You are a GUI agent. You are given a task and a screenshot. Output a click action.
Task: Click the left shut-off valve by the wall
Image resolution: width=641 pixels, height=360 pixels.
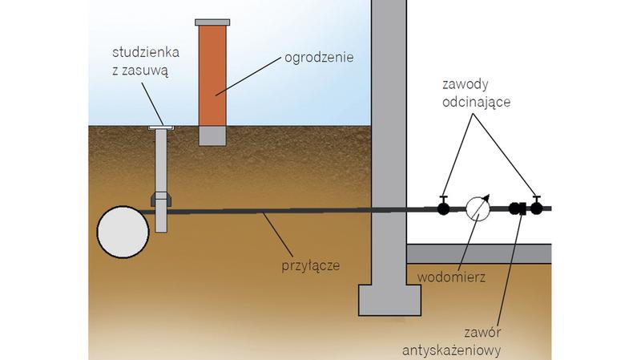tap(443, 209)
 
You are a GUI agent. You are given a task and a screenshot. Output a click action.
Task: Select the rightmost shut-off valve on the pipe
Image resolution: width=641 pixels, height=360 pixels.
tap(536, 209)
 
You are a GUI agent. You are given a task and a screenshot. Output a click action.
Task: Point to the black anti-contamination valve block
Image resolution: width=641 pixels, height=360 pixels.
tap(518, 210)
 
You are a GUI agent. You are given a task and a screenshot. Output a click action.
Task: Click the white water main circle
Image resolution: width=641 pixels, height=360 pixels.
tap(123, 230)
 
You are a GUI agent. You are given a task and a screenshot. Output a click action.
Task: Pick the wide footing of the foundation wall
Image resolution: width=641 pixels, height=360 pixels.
tap(388, 301)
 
